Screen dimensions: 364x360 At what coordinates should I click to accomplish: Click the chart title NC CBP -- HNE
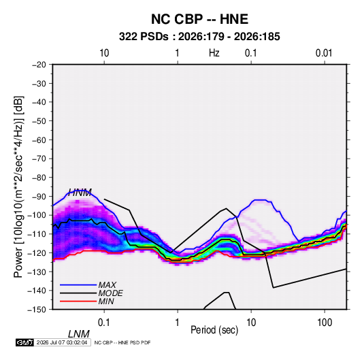199,19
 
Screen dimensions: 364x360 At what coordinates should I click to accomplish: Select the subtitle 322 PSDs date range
199,37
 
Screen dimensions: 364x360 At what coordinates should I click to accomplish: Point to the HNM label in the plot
80,193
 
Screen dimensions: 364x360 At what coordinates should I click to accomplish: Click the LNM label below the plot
78,334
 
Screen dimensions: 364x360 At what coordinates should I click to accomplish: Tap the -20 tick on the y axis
39,65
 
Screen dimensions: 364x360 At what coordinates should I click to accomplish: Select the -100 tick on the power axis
37,215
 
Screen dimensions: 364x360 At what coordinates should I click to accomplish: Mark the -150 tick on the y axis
37,310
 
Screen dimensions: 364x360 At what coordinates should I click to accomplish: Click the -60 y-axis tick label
39,140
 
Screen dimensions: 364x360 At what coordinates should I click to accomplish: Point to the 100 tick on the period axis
325,323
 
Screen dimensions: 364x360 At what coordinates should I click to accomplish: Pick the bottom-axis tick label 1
178,323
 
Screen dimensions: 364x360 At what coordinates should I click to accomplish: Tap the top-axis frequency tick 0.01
324,53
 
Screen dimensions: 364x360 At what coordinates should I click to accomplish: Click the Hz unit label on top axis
214,53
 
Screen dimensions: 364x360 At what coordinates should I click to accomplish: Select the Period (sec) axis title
214,330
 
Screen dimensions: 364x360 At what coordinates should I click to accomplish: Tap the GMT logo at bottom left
24,342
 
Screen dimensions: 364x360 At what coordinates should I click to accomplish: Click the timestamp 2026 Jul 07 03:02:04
62,342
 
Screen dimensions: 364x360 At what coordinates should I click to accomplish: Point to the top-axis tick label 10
104,53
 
